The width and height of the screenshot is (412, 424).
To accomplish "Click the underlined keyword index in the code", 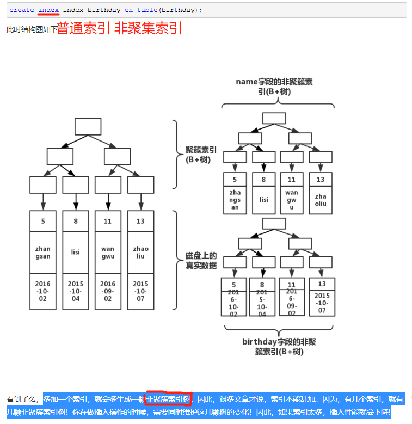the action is [48, 10].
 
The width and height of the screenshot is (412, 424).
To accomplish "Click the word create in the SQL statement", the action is [22, 10].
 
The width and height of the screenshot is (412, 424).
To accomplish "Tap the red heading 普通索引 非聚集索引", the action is [119, 28].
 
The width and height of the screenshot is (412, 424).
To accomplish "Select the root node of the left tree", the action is [88, 126].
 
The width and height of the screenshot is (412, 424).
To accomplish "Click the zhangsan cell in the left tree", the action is [43, 252].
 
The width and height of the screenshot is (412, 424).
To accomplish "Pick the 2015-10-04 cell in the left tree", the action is [76, 291].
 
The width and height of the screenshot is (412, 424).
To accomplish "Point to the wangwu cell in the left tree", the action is [108, 252].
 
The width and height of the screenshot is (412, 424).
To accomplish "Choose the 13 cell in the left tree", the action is [140, 221].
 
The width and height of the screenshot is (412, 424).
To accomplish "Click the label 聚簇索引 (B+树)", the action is [201, 154].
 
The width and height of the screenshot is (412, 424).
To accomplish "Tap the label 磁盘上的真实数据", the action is [201, 260].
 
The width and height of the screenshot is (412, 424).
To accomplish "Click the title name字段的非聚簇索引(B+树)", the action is [274, 87].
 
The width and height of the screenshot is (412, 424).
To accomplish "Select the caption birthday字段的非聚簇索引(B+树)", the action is [279, 347].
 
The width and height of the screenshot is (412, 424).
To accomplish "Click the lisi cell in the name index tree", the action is [263, 200].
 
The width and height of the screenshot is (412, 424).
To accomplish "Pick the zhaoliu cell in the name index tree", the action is [321, 200].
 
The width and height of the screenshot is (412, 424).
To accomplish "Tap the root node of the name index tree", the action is [274, 118].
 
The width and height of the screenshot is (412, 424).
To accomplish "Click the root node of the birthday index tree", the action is [274, 224].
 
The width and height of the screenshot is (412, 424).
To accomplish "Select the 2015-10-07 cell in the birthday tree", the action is [322, 303].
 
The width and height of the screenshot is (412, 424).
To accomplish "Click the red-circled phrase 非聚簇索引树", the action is [168, 400].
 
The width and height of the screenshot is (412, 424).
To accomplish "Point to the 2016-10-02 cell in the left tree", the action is [43, 291].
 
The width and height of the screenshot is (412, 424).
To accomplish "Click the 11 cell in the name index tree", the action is [292, 180].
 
